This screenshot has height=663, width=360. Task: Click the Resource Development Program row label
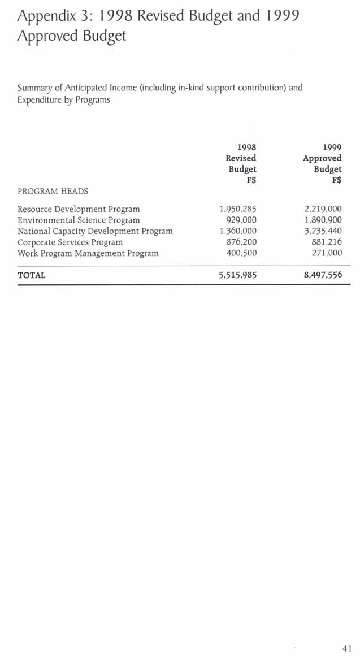click(x=79, y=209)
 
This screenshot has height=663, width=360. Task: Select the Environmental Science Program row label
click(x=79, y=220)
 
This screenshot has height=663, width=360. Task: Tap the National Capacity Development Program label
click(x=95, y=231)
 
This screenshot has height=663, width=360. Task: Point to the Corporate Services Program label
click(x=70, y=242)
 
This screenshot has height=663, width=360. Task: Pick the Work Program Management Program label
click(x=88, y=253)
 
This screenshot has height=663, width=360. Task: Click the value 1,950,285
click(x=237, y=209)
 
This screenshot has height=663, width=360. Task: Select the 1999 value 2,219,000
click(x=323, y=209)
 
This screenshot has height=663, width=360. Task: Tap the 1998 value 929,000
click(x=241, y=220)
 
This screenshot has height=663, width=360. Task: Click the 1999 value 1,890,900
click(x=323, y=220)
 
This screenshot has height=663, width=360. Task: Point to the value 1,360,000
click(x=237, y=231)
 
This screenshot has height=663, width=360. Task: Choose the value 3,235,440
click(x=323, y=231)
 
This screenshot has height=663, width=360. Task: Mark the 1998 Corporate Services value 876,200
click(x=241, y=242)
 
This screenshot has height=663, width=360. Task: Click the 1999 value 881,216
click(x=327, y=242)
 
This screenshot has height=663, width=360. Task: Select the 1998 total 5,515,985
click(x=237, y=276)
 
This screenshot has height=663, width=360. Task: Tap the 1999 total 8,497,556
click(x=323, y=276)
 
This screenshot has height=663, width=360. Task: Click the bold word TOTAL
click(x=32, y=276)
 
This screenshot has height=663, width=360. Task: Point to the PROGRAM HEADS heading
click(x=53, y=192)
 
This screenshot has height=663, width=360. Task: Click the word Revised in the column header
click(x=241, y=158)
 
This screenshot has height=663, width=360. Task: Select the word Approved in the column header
click(x=322, y=158)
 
